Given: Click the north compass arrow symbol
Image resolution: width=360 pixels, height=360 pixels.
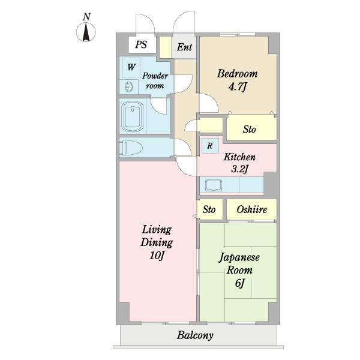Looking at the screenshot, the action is click(86, 32).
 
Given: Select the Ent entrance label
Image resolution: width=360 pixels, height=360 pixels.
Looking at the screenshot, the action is click(184, 47).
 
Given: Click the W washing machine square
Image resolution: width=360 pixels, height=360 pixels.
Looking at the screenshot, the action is click(131, 67).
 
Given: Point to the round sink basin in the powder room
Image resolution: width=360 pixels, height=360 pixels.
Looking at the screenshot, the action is click(129, 87).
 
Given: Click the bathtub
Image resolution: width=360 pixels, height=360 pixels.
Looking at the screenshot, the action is click(132, 116).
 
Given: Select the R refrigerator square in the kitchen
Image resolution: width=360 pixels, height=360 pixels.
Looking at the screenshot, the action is click(210, 146).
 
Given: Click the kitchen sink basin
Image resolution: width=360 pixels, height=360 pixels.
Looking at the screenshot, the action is click(214, 185).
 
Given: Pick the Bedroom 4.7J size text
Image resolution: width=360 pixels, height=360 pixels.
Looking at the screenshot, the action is click(238, 87).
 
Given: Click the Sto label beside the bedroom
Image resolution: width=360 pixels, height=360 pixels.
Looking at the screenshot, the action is click(250, 130).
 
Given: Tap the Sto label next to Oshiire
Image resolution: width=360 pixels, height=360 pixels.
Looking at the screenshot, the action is click(209, 209).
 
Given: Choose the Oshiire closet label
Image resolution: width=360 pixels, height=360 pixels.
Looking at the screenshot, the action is click(251, 209).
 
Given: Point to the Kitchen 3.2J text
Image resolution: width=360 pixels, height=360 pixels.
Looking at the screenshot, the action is click(239, 163).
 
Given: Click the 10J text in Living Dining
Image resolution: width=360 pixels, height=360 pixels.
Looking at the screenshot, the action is click(157, 256).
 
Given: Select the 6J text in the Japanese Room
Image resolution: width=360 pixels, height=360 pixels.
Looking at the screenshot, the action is click(239, 283).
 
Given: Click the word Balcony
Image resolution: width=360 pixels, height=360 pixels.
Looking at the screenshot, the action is click(195, 335).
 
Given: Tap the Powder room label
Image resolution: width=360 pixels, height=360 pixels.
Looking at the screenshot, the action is click(155, 81).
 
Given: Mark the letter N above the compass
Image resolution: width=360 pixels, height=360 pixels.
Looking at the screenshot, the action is click(86, 17).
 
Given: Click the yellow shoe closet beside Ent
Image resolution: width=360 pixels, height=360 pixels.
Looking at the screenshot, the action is click(166, 47).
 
